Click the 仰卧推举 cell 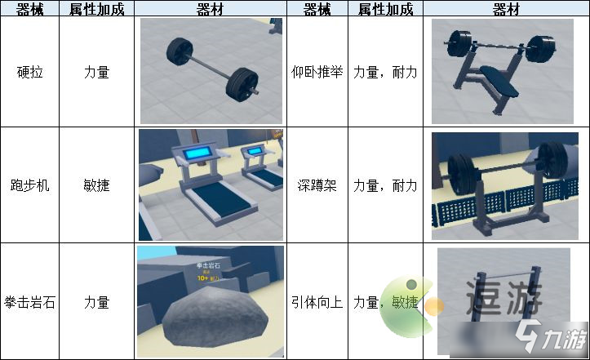coord(317,72)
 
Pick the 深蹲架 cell coord(317,184)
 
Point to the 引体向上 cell coord(317,301)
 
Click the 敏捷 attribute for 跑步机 coord(97,184)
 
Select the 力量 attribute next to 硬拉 coord(97,72)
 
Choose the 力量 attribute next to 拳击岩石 coord(97,301)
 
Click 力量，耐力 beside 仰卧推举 coord(384,72)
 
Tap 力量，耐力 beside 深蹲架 coord(384,184)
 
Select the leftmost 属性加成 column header coord(97,9)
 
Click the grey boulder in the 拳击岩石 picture coord(213,321)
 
